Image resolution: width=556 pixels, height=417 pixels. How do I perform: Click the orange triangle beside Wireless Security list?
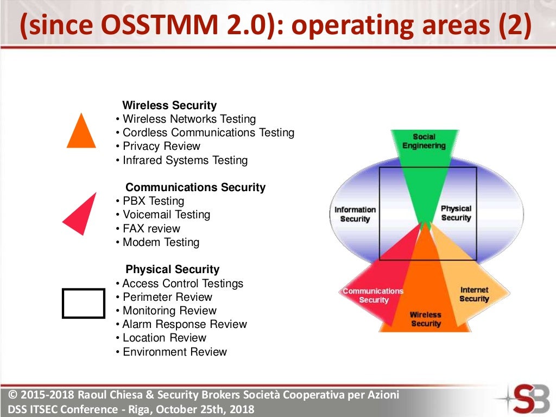click(x=81, y=134)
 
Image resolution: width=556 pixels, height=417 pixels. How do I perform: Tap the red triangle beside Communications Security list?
click(x=83, y=215)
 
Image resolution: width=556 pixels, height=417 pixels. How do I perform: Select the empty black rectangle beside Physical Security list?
click(x=84, y=303)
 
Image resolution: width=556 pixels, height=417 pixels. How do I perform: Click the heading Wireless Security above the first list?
click(x=169, y=105)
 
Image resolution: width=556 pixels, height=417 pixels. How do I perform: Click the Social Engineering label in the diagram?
click(x=424, y=141)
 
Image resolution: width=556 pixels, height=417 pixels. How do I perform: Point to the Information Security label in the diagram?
click(x=355, y=214)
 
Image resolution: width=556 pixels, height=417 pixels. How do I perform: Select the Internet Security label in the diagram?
click(x=474, y=294)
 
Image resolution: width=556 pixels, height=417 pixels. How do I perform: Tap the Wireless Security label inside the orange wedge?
click(x=426, y=319)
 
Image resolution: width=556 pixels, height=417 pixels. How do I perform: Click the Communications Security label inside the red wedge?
click(x=374, y=295)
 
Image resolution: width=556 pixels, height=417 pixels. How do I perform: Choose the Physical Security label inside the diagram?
click(x=456, y=213)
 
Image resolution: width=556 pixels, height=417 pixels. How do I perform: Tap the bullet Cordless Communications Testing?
click(x=208, y=132)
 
